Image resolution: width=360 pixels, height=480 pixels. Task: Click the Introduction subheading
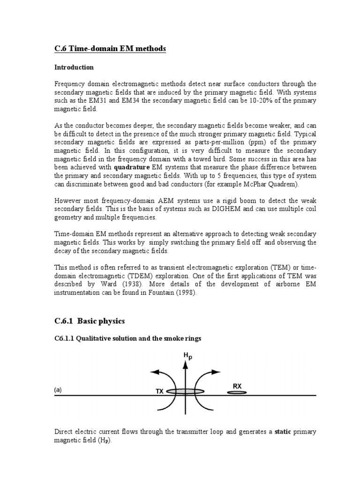coord(74,67)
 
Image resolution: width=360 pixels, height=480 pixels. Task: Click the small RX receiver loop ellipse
coord(237,392)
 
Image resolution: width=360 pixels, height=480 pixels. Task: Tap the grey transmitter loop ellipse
coord(186,391)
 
